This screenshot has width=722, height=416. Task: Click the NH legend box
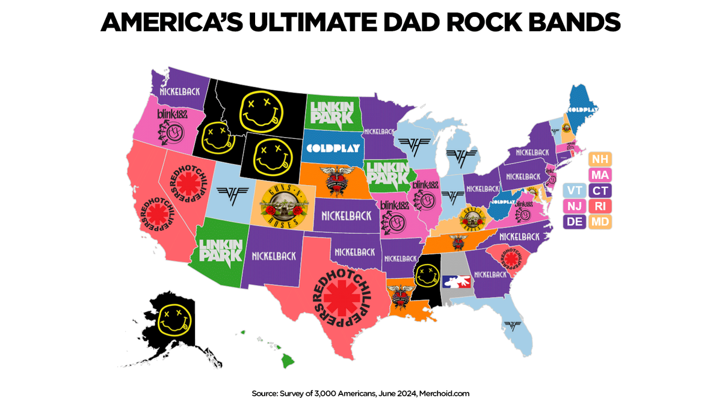[x=600, y=159]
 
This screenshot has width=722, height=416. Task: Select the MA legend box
[x=600, y=175]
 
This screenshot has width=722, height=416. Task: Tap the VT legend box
[x=573, y=191]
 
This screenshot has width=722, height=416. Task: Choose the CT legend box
[x=600, y=191]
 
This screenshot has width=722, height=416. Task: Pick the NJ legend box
[x=573, y=206]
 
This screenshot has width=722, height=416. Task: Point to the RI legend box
[x=600, y=206]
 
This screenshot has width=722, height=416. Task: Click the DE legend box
[x=573, y=222]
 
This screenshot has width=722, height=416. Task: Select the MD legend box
[x=600, y=222]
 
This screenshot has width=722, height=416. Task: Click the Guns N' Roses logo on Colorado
[x=282, y=204]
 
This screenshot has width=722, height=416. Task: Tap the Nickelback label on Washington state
[x=179, y=93]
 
